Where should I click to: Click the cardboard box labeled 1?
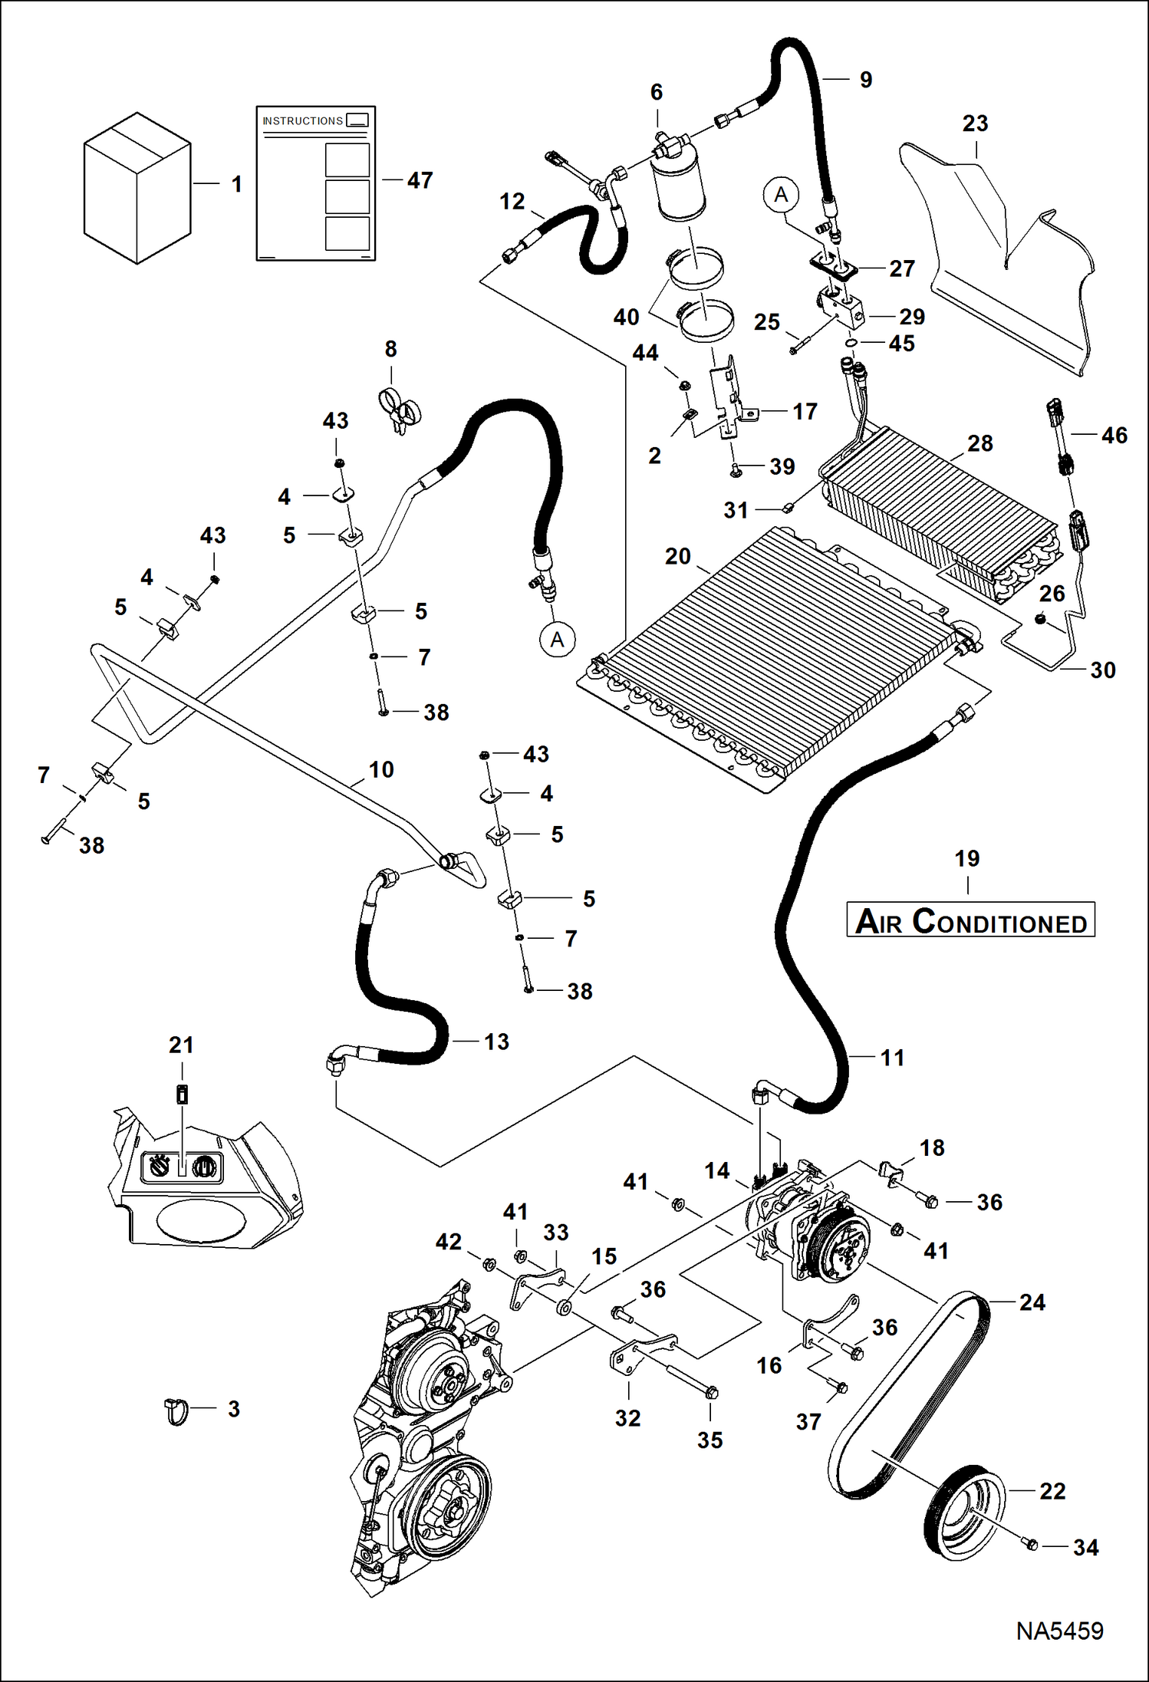[137, 189]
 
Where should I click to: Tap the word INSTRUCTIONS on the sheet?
[302, 121]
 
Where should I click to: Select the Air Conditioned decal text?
[970, 920]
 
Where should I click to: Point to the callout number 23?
[975, 123]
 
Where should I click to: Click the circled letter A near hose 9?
[781, 195]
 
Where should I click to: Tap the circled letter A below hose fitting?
[558, 639]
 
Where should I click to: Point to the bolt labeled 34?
[1031, 1543]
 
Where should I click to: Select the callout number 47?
[420, 180]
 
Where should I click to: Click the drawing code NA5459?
[1059, 1631]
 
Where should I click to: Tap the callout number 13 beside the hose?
[496, 1042]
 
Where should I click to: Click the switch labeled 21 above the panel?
[182, 1094]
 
